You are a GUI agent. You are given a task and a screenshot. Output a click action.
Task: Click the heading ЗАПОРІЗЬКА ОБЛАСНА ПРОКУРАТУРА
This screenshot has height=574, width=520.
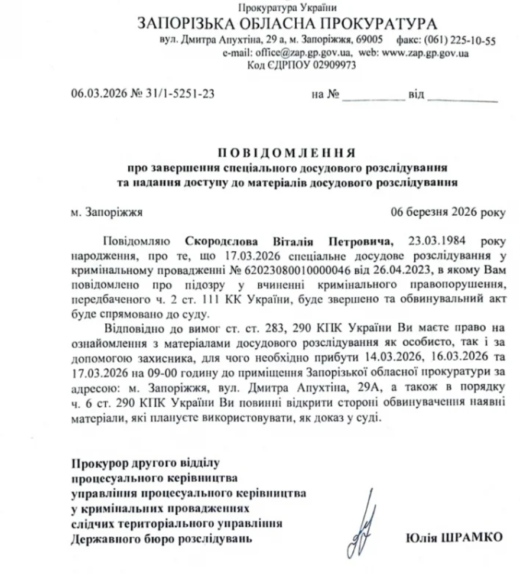click(x=287, y=25)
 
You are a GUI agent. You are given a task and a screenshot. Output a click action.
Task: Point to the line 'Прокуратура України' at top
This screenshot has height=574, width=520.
click(x=287, y=8)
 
